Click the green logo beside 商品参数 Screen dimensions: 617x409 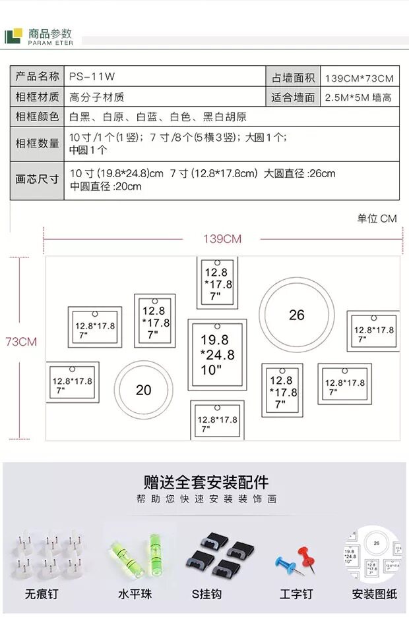pyautogui.click(x=13, y=36)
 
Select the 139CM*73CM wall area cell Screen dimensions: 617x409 pyautogui.click(x=359, y=78)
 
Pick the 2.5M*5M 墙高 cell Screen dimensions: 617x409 pyautogui.click(x=359, y=97)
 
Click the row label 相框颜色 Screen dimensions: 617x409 pyautogui.click(x=38, y=117)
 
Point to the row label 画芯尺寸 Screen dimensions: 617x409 pyautogui.click(x=38, y=179)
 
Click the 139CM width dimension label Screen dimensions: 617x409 pyautogui.click(x=222, y=238)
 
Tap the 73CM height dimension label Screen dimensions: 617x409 pyautogui.click(x=21, y=342)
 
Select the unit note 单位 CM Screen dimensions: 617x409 pyautogui.click(x=377, y=219)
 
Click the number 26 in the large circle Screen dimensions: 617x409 pyautogui.click(x=297, y=315)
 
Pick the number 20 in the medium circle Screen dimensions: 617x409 pyautogui.click(x=143, y=390)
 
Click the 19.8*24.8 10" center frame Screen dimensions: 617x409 pyautogui.click(x=218, y=355)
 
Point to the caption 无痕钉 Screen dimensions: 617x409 pyautogui.click(x=42, y=594)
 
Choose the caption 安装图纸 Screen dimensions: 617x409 pyautogui.click(x=375, y=594)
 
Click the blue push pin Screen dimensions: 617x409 pyautogui.click(x=285, y=564)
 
